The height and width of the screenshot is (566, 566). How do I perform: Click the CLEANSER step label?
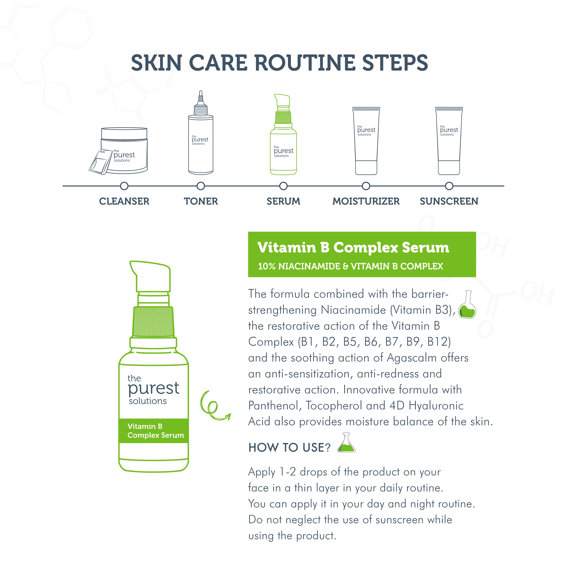point(124,201)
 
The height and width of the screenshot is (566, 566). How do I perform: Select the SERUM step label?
point(283,201)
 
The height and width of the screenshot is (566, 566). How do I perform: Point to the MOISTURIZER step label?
point(366,201)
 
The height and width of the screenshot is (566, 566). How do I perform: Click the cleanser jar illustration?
point(124,150)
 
